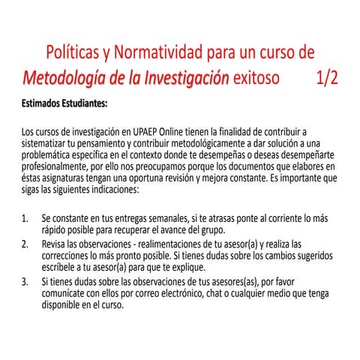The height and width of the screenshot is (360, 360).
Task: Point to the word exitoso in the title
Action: click(x=259, y=77)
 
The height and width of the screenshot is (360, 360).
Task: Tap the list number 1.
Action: click(x=25, y=218)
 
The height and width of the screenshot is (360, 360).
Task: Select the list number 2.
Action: click(x=25, y=244)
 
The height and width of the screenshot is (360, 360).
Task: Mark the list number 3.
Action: click(x=25, y=282)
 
